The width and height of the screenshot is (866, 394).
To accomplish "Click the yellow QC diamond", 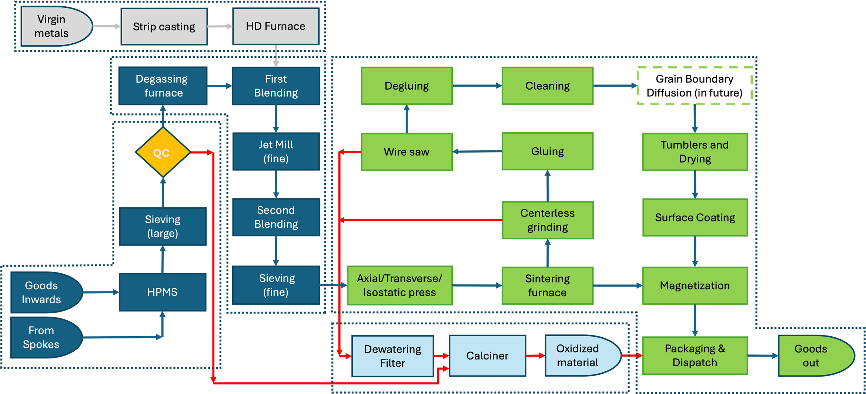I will click(163, 152).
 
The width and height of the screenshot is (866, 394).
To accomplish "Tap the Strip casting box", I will click(164, 27).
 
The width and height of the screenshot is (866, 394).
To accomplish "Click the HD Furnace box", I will click(276, 26).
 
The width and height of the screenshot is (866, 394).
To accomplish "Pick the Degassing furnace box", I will click(163, 86).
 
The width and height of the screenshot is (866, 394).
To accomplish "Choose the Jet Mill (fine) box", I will click(276, 151).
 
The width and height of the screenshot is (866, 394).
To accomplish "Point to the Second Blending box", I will click(276, 217).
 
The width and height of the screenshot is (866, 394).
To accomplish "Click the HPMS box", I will click(163, 292).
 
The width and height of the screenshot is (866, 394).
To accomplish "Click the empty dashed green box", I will click(695, 86).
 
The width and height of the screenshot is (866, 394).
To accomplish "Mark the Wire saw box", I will click(407, 152).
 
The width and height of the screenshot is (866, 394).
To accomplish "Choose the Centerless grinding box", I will click(548, 220).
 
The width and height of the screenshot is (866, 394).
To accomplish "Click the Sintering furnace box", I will click(548, 286).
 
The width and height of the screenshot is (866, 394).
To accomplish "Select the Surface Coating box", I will click(695, 217).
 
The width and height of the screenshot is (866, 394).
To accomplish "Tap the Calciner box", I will click(487, 356).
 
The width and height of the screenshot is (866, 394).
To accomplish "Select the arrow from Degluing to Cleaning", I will click(477, 86).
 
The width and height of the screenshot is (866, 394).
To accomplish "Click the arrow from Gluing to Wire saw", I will click(477, 151).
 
